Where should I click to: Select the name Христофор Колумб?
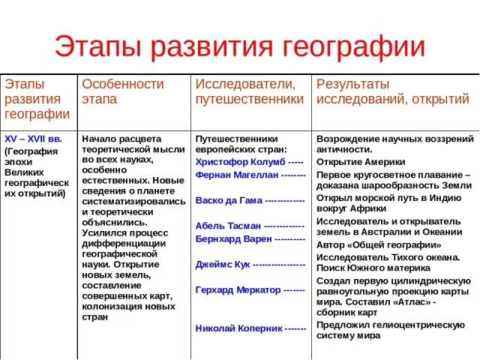tap(239, 161)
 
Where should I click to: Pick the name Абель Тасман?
tap(229, 225)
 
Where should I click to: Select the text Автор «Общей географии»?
tap(379, 244)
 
